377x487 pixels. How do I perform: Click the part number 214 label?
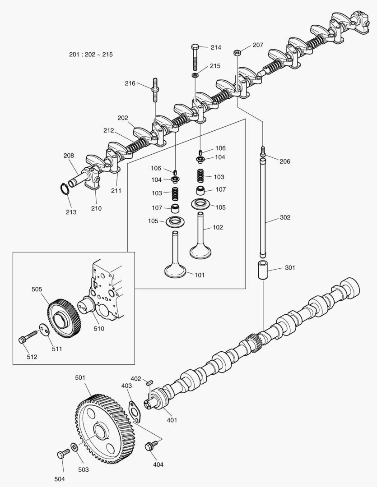click(216, 47)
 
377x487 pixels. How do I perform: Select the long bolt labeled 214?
click(195, 56)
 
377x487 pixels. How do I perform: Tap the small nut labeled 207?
click(236, 53)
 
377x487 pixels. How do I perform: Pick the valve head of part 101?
click(176, 271)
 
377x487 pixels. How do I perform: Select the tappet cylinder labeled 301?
click(263, 269)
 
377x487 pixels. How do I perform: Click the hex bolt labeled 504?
click(61, 455)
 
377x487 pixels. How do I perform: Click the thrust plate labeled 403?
click(134, 411)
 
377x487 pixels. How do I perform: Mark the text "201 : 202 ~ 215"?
click(91, 55)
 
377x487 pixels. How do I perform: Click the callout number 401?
click(172, 420)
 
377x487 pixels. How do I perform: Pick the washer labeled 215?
click(195, 74)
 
